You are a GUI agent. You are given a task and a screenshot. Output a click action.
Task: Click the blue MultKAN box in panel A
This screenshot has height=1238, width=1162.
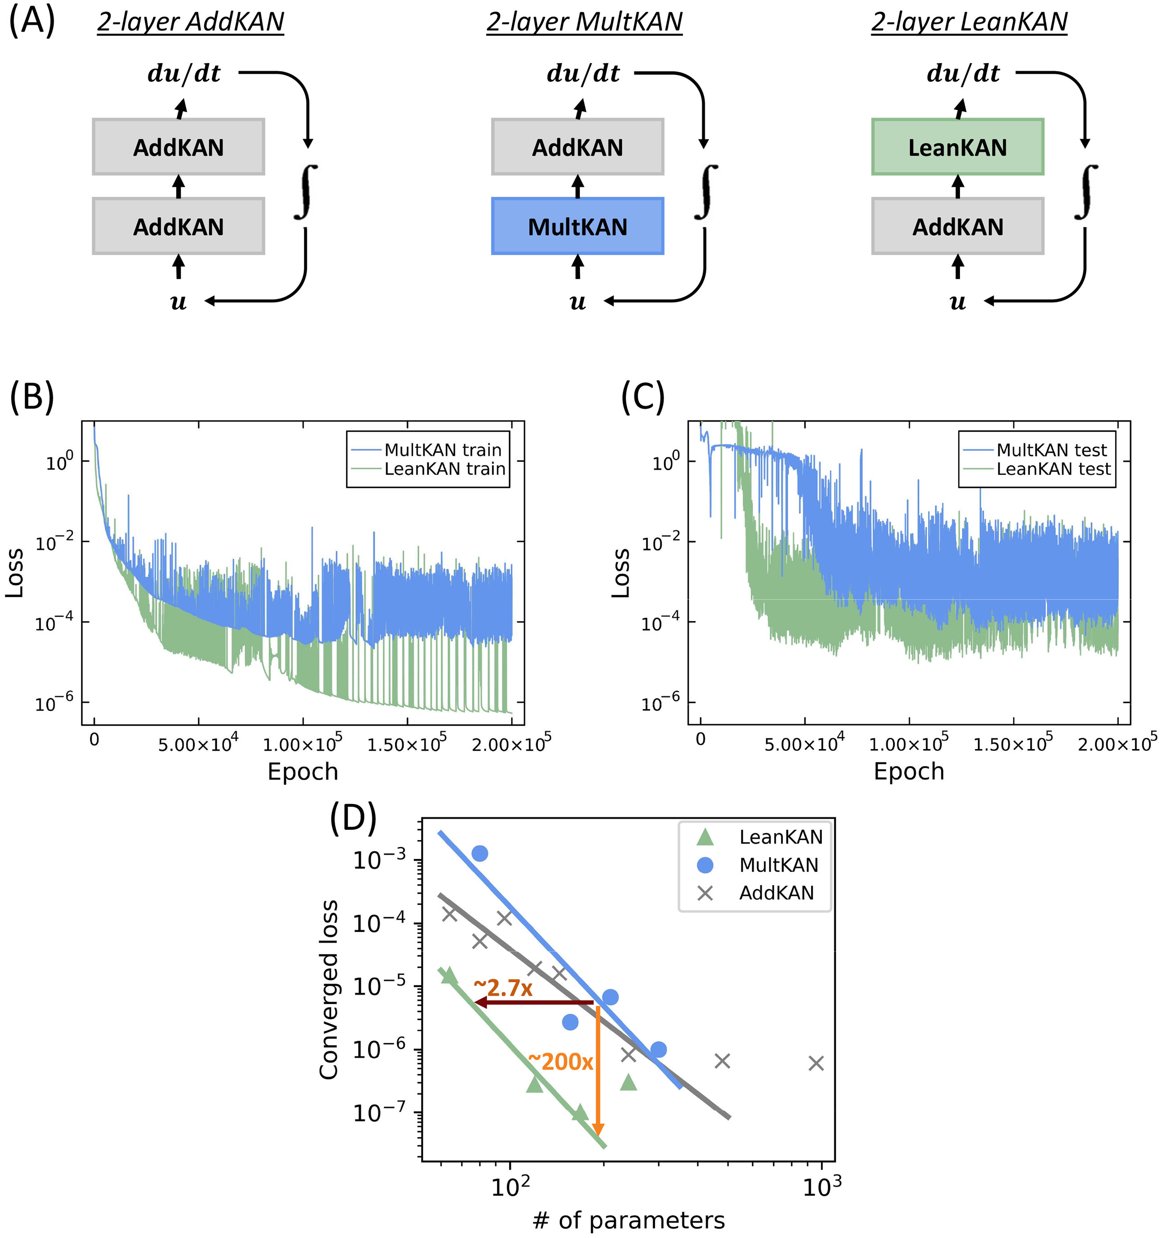[x=577, y=227]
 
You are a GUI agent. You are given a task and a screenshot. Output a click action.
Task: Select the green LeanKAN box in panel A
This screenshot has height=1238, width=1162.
[x=957, y=148]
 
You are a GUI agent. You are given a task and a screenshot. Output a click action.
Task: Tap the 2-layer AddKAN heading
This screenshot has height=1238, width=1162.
[x=190, y=23]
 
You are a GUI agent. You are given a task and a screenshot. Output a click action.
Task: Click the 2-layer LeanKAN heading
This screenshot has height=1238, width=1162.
[x=969, y=23]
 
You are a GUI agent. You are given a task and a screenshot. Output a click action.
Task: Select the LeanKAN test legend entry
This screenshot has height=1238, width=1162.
[x=1053, y=469]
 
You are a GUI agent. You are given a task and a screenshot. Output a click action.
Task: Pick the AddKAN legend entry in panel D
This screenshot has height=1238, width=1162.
[x=776, y=893]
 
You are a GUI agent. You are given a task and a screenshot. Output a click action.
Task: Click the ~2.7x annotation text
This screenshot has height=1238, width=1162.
[x=503, y=988]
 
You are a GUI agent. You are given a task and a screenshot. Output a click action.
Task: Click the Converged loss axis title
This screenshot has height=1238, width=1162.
[x=328, y=990]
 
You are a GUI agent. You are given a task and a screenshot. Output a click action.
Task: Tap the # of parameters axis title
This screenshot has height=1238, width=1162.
[x=628, y=1220]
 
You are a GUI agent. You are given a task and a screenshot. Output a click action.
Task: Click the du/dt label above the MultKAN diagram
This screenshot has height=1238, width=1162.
[x=583, y=73]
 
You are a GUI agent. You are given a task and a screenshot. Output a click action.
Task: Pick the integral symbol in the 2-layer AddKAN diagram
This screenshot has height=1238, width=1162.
[x=305, y=192]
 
